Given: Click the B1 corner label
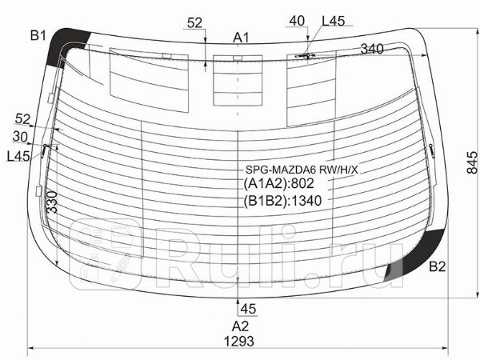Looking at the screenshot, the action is tap(38, 36).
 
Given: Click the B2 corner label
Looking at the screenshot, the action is tap(437, 267).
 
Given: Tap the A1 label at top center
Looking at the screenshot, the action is tap(242, 38).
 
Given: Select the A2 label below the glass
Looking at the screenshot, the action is tap(240, 326).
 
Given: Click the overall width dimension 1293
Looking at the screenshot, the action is tap(239, 341).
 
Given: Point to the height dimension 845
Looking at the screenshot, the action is tap(472, 163).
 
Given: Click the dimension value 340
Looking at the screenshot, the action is tap(372, 49).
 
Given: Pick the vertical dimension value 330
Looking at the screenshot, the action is tap(52, 202).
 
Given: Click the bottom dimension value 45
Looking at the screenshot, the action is tap(248, 309).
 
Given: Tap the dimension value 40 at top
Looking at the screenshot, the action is tap(297, 21).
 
